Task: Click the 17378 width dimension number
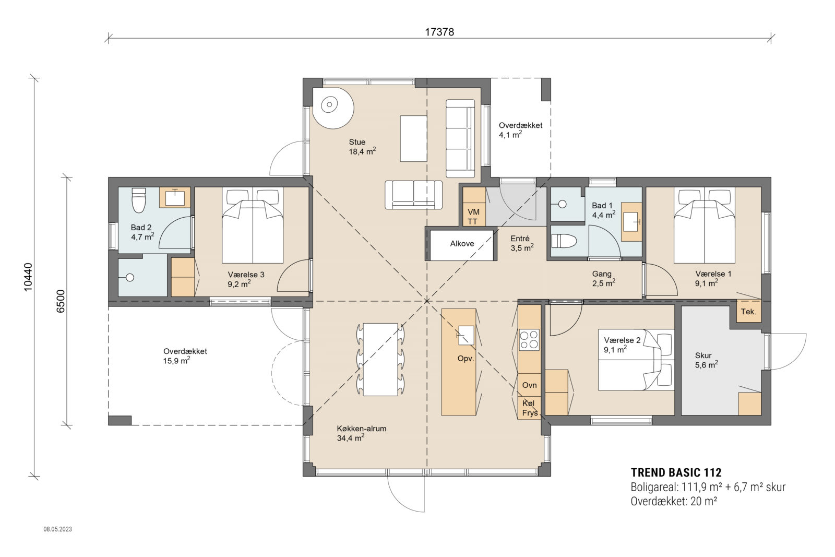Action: (x=439, y=32)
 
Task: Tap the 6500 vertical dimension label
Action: (x=61, y=301)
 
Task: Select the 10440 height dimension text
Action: (x=28, y=276)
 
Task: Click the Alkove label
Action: (x=462, y=244)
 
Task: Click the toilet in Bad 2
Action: (x=138, y=201)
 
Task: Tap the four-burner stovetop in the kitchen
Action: (x=529, y=339)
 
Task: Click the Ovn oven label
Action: (x=529, y=385)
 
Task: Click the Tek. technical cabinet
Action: (x=748, y=312)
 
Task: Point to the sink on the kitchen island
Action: (x=466, y=335)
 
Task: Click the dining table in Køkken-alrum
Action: (x=381, y=359)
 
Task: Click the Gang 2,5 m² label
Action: (x=603, y=278)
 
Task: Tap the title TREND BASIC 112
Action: (x=676, y=473)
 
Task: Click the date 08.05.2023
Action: (x=57, y=529)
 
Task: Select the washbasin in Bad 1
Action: (x=632, y=222)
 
